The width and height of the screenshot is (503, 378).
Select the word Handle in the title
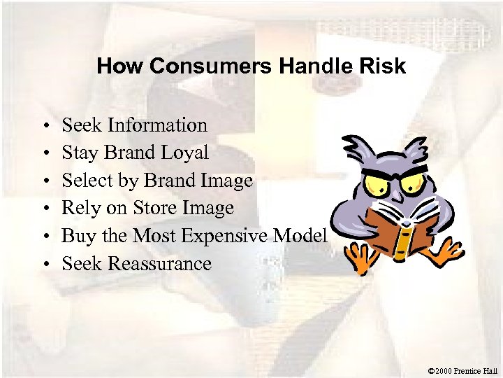[x=311, y=66]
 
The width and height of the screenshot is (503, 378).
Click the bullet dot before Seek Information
[x=44, y=127]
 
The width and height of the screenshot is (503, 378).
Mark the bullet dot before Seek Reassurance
[x=44, y=265]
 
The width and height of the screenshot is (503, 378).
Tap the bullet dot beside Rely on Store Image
[x=44, y=209]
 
